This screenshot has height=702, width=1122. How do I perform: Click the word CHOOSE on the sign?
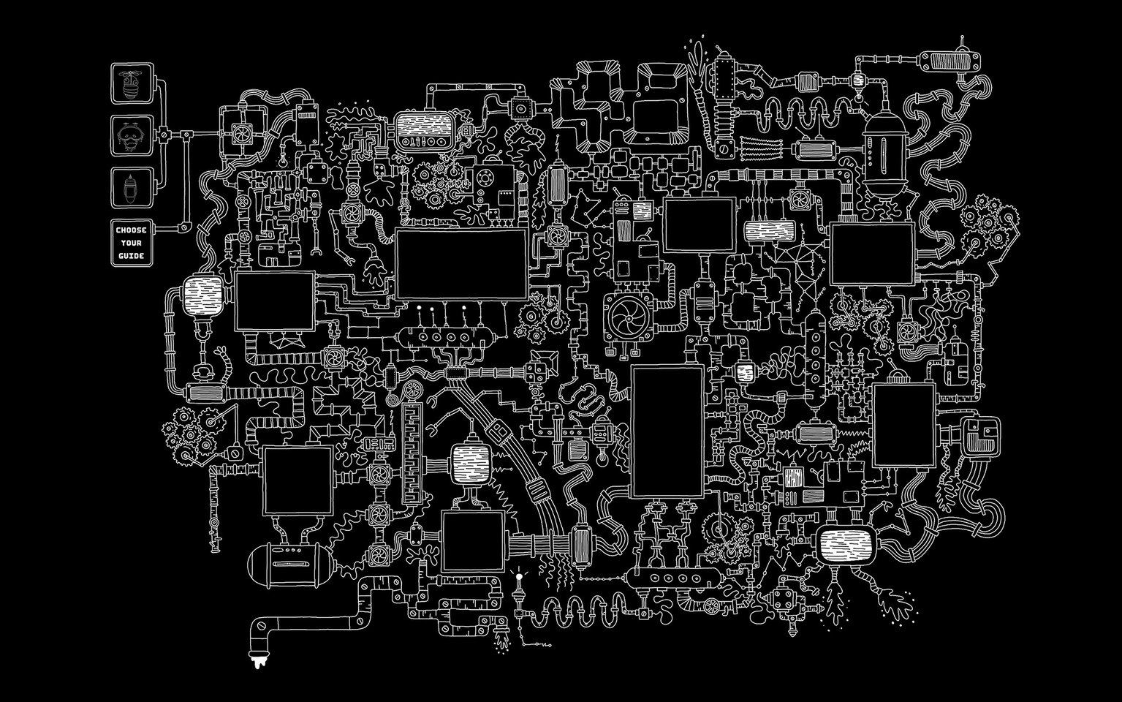tap(132, 230)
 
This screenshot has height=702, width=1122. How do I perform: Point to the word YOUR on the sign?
tap(132, 244)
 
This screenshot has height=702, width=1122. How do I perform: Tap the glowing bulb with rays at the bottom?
tap(520, 578)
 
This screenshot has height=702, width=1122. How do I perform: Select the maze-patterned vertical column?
tap(413, 453)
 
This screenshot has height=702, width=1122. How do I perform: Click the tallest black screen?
tap(667, 431)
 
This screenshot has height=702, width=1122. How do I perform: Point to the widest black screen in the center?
tap(461, 264)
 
